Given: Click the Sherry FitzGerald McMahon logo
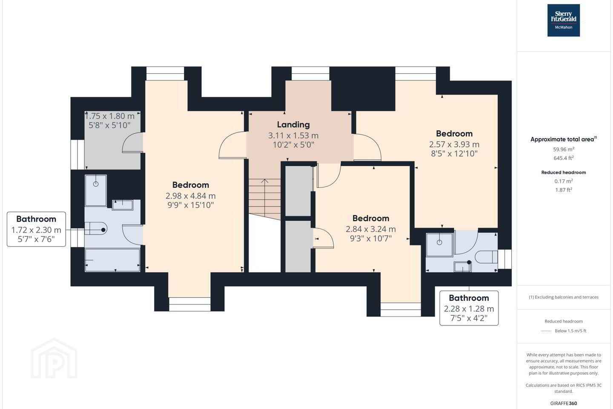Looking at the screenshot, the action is [x=564, y=20].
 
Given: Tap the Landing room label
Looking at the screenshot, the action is [x=293, y=125].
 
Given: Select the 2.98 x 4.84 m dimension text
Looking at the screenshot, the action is [x=190, y=196].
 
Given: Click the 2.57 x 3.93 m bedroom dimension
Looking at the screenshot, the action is [x=454, y=144].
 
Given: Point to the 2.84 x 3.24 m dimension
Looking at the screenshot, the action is [x=370, y=229].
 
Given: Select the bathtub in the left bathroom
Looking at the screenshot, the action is [x=112, y=260].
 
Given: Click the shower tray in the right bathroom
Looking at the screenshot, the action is [x=439, y=245].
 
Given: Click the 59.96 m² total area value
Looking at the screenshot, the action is [x=564, y=149].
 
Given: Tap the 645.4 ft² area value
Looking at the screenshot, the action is [x=564, y=158].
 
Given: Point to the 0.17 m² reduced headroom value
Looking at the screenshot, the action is [x=564, y=181].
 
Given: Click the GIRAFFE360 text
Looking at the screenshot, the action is [x=564, y=403].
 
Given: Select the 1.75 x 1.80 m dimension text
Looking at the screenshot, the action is [x=109, y=116].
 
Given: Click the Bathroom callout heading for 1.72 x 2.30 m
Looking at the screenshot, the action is [x=36, y=219].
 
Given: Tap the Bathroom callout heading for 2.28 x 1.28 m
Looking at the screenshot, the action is [x=469, y=298].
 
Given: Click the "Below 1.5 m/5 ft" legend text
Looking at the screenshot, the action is [x=570, y=331].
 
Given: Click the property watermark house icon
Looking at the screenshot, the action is [x=54, y=358].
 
